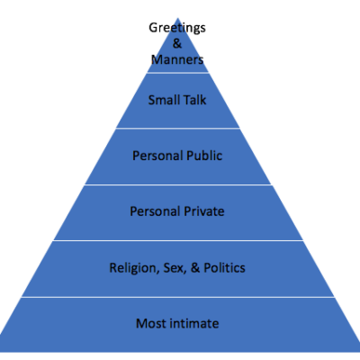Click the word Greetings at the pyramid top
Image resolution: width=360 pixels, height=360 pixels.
tap(177, 29)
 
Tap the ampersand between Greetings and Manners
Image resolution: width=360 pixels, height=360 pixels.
tap(177, 43)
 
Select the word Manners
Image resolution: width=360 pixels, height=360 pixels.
tap(177, 59)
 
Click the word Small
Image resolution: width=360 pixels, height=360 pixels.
tap(163, 100)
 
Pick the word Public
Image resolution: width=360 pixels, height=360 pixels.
tap(204, 156)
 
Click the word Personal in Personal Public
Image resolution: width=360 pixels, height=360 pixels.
tap(157, 156)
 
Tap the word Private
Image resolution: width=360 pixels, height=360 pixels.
tap(204, 211)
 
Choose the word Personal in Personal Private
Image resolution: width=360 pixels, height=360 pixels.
tap(155, 211)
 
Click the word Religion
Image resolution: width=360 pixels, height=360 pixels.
tap(134, 268)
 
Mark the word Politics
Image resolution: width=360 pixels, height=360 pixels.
tap(224, 267)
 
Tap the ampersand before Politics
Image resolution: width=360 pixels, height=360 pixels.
tap(195, 267)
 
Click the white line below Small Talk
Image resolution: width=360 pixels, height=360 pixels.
tap(178, 128)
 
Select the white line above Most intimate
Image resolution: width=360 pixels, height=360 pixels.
tap(178, 297)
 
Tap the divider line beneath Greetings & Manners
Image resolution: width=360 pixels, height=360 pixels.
tap(177, 72)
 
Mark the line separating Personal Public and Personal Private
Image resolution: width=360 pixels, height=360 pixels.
tap(178, 184)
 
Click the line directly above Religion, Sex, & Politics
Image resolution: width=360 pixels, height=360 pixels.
tap(178, 240)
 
